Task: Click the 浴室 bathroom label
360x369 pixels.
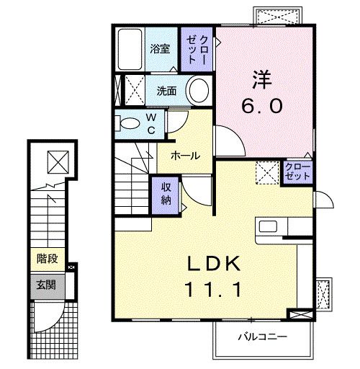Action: [160, 49]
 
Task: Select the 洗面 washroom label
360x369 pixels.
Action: [167, 91]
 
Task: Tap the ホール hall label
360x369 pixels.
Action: [185, 155]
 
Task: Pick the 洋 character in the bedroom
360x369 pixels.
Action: [261, 75]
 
